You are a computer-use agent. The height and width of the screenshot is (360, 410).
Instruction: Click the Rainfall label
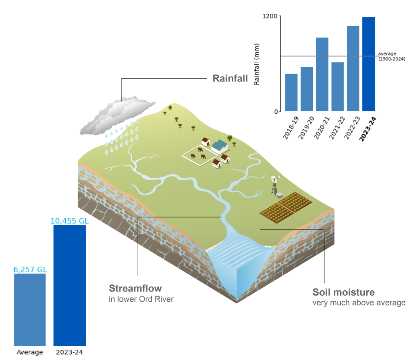pos(230,78)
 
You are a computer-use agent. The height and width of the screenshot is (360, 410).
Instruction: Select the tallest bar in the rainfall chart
pos(368,64)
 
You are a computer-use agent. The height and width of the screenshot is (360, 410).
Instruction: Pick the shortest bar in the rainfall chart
pos(291,92)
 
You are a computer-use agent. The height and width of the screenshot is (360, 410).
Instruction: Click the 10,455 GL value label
pos(70,221)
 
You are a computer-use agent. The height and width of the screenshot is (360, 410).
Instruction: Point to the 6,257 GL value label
pos(30,269)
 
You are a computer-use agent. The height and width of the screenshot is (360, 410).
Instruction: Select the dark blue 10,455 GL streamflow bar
pos(70,285)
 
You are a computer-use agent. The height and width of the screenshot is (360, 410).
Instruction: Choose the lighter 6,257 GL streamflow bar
pos(30,310)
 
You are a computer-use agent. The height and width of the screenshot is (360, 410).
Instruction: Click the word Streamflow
pos(135,289)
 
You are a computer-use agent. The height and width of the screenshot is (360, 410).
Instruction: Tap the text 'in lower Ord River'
pos(141,299)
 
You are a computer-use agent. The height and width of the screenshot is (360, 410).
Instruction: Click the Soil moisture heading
pos(344,292)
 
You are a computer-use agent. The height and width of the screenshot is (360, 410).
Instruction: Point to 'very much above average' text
pos(359,303)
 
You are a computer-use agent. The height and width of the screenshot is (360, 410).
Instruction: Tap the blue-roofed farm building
pos(219,146)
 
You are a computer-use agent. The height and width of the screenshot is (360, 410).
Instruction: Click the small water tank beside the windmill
pos(279,195)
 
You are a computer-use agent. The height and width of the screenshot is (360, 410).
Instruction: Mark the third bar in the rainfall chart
pos(322,74)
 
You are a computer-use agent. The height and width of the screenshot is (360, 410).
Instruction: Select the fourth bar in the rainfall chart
pos(337,86)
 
